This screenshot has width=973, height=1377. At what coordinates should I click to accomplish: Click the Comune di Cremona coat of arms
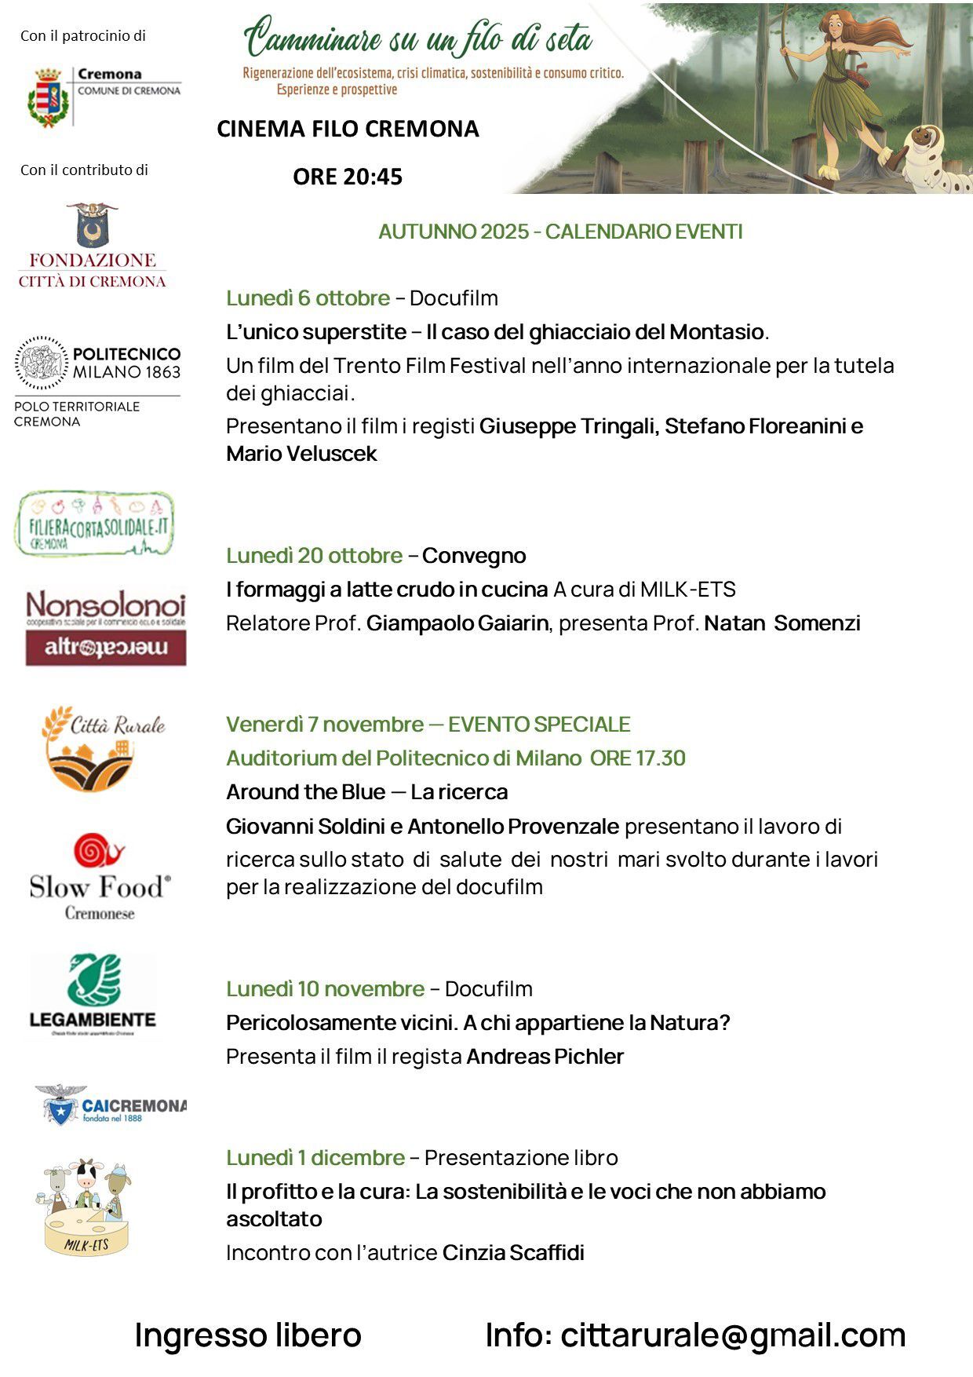click(x=47, y=97)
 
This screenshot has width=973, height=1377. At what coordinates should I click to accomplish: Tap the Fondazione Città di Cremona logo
click(x=93, y=246)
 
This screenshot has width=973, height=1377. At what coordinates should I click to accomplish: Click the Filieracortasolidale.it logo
click(x=93, y=524)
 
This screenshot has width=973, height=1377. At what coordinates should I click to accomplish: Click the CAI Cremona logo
click(x=111, y=1105)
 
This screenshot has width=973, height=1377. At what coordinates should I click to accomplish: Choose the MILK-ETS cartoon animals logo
click(x=85, y=1206)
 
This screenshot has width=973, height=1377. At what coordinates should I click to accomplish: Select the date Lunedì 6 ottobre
click(x=308, y=298)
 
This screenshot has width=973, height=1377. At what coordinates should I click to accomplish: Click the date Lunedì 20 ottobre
click(x=314, y=556)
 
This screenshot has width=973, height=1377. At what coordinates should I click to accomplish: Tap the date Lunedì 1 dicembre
click(x=315, y=1158)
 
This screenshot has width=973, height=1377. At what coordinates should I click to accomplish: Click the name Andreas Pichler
click(x=545, y=1057)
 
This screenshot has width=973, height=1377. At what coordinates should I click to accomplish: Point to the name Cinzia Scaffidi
click(x=513, y=1253)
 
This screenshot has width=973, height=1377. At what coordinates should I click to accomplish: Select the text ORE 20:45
click(x=348, y=177)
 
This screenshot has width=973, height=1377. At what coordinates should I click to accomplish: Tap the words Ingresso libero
click(x=248, y=1335)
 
